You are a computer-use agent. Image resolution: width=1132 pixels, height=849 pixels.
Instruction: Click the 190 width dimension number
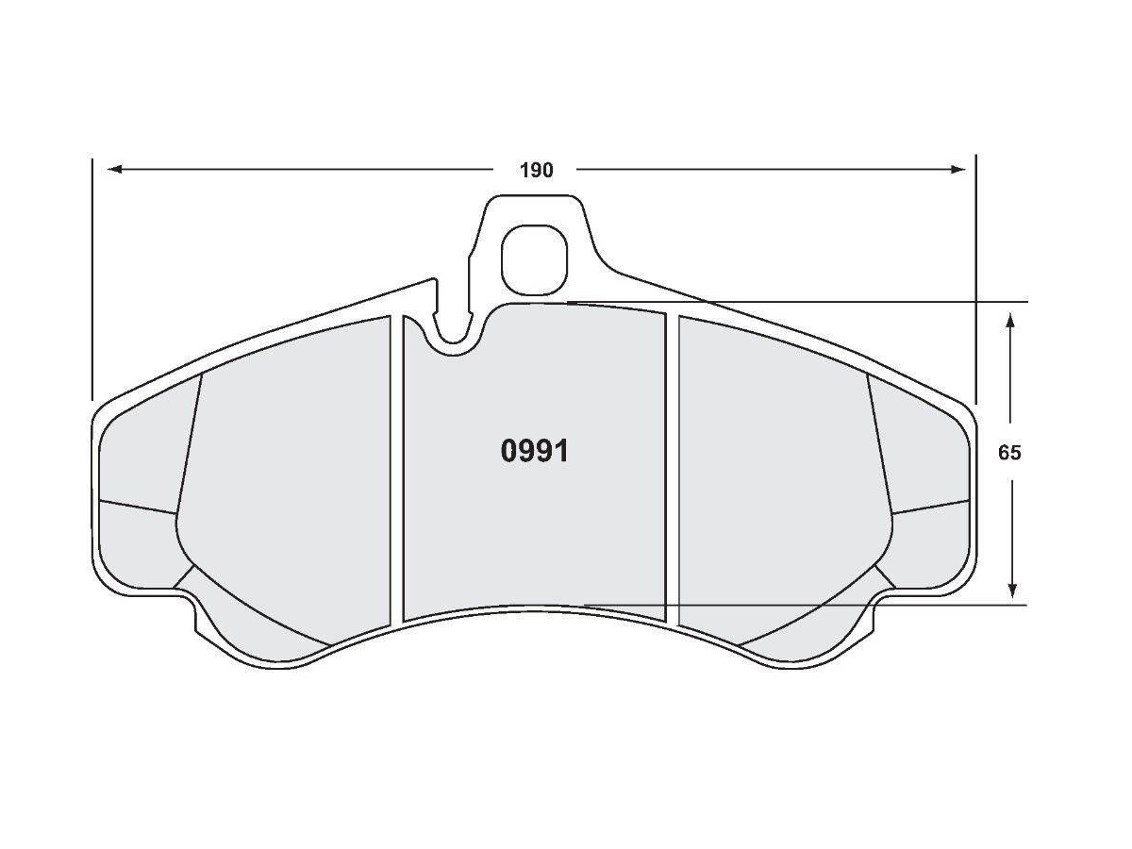(536, 171)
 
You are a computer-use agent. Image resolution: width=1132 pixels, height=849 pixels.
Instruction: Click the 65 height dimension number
(1009, 453)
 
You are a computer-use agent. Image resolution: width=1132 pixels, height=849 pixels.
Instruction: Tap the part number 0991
(534, 452)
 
